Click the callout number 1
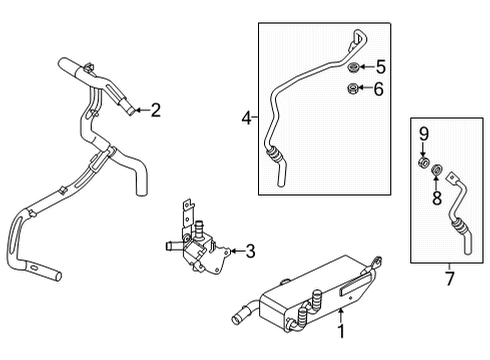[x=341, y=330]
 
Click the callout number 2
[x=155, y=111]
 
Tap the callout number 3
[x=251, y=252]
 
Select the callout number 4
[x=246, y=118]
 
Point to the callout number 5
[x=380, y=68]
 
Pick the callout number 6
[x=380, y=91]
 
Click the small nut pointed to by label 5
[x=353, y=69]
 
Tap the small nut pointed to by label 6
[x=353, y=91]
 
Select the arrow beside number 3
[x=234, y=252]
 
